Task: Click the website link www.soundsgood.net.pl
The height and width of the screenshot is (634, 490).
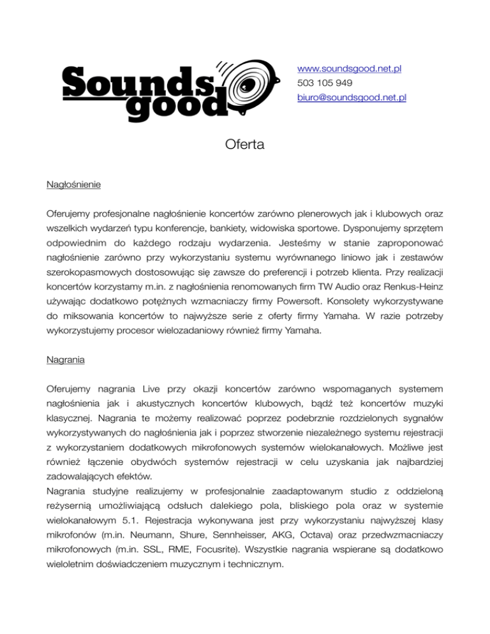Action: [349, 69]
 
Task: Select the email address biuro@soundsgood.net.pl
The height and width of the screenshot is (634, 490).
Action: [352, 98]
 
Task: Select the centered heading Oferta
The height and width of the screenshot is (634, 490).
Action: [244, 146]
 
